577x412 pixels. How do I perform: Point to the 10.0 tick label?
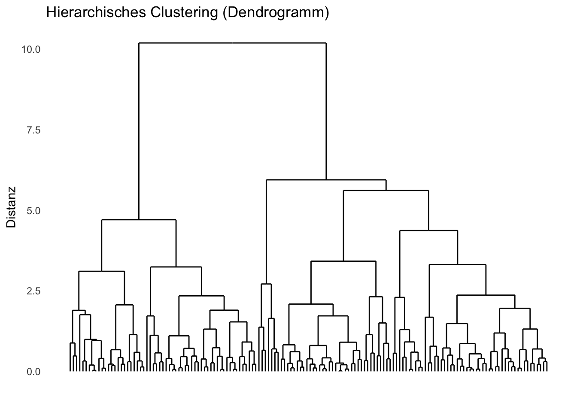pos(31,49)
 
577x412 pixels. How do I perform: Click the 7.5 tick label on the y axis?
pos(33,130)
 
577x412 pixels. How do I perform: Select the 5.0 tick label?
pos(33,211)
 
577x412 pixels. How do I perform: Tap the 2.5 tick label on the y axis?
pos(33,291)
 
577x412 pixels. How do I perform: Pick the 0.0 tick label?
pos(33,372)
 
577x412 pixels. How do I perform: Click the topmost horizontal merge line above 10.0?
pos(232,43)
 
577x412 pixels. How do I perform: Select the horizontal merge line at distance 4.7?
pos(139,220)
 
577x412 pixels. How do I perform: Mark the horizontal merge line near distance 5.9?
pos(326,180)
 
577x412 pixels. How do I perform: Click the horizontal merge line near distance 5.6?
pos(386,190)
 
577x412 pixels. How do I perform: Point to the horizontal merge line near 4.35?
pos(428,231)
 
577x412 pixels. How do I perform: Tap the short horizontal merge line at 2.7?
pos(266,284)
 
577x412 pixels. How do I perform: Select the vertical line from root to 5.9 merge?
pos(326,111)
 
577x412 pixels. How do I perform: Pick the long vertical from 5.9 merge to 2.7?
pos(266,232)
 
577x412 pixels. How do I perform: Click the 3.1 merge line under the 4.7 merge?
pos(102,271)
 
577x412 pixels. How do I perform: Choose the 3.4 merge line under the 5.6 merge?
pos(343,261)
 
